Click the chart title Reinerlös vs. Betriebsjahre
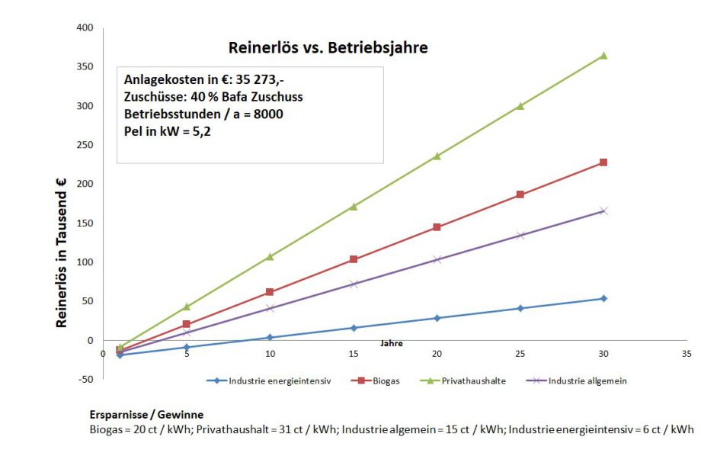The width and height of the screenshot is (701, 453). point(328,48)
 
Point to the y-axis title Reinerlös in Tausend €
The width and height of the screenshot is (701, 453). point(61,253)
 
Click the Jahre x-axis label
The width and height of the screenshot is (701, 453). point(392,344)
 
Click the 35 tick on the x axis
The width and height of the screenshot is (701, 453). point(687,353)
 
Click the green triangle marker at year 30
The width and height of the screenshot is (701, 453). point(603,55)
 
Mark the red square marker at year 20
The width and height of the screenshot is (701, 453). point(437,227)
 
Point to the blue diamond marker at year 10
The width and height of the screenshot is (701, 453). point(270,337)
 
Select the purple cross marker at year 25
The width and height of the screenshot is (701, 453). point(520,236)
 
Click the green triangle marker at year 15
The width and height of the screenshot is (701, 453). point(354,206)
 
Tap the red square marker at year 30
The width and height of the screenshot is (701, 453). point(603,162)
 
